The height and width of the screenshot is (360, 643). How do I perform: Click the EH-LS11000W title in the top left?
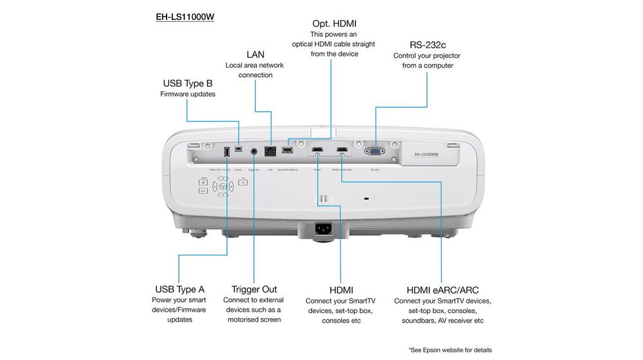pos(185,17)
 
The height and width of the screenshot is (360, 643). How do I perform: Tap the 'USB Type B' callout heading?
pos(187,83)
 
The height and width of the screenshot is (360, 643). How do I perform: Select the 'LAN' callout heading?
pos(255,54)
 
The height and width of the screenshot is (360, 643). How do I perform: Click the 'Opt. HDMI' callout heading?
pos(334,24)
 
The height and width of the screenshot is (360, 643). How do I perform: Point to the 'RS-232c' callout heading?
pos(428,44)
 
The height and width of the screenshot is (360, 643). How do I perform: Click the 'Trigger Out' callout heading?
pos(254,289)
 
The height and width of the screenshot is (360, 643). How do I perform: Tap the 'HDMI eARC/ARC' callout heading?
pos(442,290)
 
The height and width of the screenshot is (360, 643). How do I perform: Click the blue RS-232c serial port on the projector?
pos(374,152)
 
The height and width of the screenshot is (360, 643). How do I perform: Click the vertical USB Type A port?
pos(226,152)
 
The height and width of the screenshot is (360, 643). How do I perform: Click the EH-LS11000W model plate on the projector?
pos(425,154)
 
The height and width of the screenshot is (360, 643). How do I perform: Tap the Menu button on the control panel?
pos(203,183)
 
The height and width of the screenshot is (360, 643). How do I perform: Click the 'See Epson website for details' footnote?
pos(449,350)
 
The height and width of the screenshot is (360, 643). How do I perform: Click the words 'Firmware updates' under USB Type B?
pos(187,94)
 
